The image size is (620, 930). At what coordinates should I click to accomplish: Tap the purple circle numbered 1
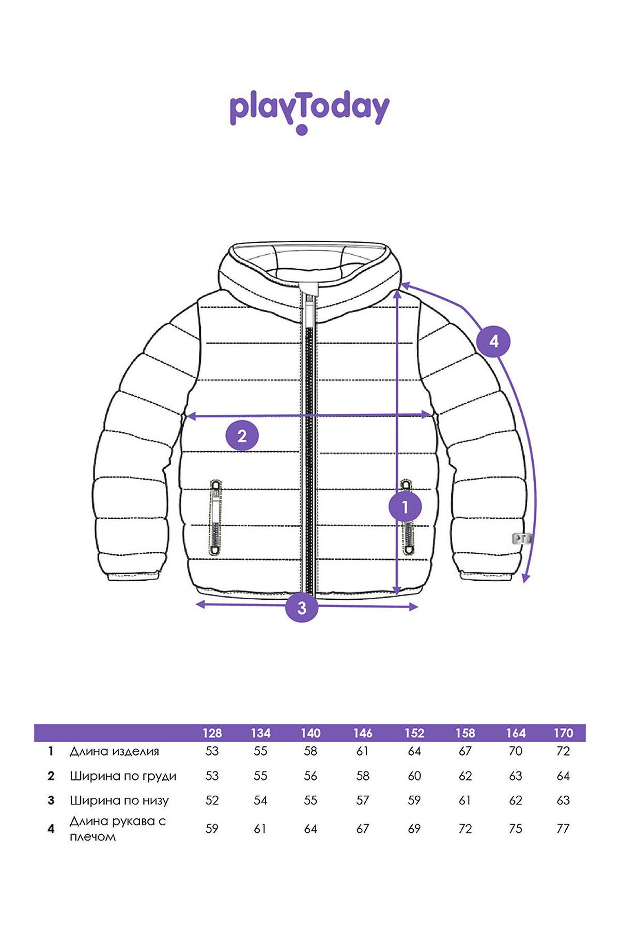click(x=405, y=507)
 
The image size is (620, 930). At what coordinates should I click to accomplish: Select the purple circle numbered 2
click(x=242, y=437)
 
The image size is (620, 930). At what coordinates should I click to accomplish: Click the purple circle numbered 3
click(x=302, y=607)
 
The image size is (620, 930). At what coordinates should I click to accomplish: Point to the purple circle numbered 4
click(x=493, y=341)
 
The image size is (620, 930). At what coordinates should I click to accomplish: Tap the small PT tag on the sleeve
click(x=521, y=538)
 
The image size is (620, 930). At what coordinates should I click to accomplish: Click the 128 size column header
click(x=212, y=733)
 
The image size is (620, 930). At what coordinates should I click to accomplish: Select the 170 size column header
click(x=563, y=733)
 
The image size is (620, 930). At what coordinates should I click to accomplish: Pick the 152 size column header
click(x=414, y=733)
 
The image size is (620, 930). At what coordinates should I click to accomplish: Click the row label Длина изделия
click(x=114, y=751)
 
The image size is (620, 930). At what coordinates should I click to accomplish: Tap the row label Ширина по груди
click(x=123, y=776)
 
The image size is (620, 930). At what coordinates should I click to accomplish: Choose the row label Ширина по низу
click(x=119, y=801)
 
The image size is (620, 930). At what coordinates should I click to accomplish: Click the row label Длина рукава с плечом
click(x=118, y=829)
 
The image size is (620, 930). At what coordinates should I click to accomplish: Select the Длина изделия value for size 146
click(x=363, y=751)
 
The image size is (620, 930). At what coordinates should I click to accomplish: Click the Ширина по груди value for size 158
click(x=465, y=776)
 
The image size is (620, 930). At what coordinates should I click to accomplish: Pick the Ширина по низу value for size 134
click(x=260, y=800)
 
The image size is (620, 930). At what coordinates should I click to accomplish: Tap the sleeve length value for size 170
click(x=563, y=829)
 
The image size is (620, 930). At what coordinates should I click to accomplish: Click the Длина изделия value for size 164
click(x=516, y=751)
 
